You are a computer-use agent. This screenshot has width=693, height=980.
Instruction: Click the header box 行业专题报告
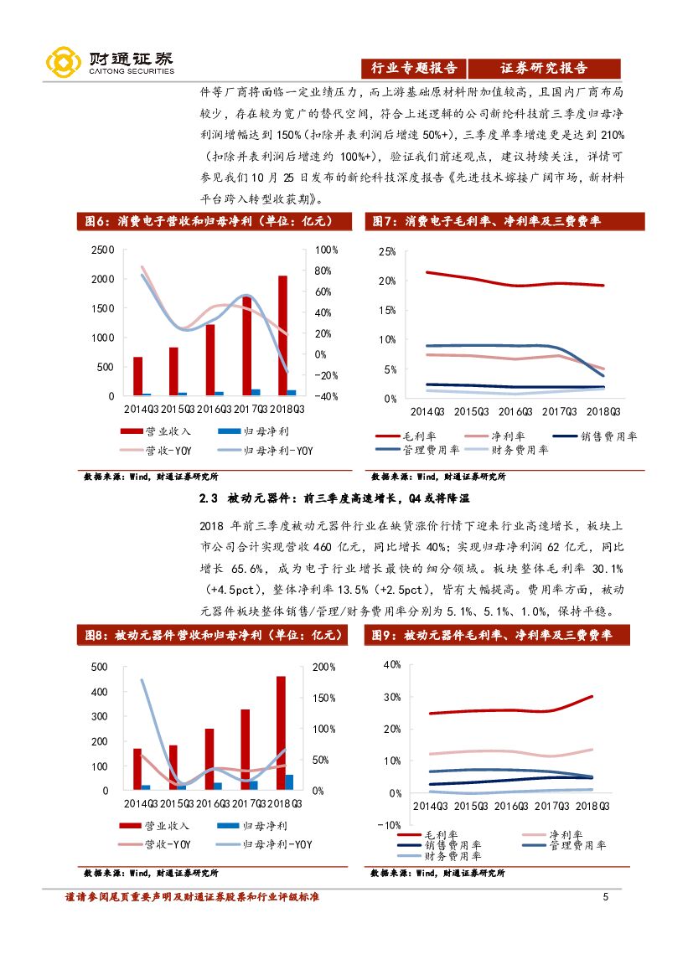[x=413, y=69]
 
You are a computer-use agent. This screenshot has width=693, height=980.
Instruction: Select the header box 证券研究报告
[x=544, y=69]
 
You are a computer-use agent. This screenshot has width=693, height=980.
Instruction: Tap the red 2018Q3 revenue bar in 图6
[x=282, y=335]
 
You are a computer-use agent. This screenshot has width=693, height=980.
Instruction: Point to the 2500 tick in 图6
[x=102, y=250]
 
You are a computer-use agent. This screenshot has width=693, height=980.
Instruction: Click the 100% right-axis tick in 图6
[x=326, y=250]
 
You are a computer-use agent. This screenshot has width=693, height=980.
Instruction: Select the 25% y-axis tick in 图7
[x=386, y=251]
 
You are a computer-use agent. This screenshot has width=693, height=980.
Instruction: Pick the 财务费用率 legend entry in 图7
[x=508, y=450]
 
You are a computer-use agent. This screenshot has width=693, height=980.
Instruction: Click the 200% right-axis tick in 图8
[x=323, y=667]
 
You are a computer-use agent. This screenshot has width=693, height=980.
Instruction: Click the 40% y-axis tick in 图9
[x=391, y=664]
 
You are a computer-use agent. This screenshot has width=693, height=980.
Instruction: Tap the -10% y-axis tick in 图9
[x=389, y=825]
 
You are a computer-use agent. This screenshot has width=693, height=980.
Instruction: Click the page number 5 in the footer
[x=605, y=898]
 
